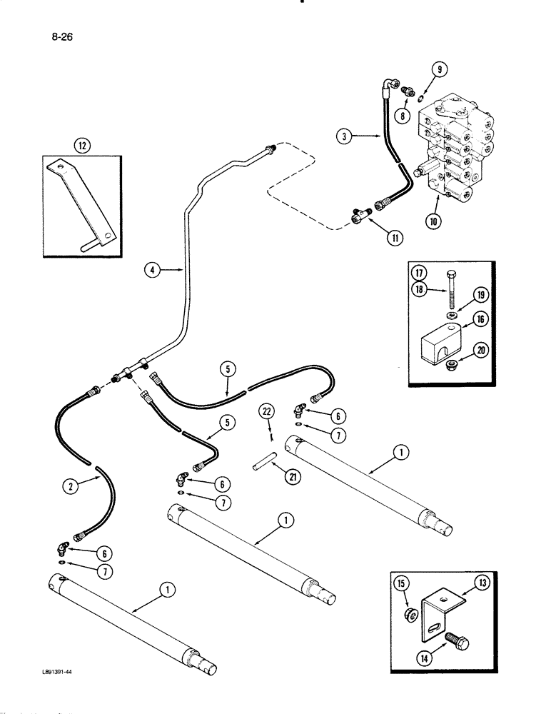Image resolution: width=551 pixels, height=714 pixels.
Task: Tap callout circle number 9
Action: [440, 71]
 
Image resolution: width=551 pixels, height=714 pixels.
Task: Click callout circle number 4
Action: [151, 270]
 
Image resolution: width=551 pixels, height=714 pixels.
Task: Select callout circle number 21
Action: [291, 478]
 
